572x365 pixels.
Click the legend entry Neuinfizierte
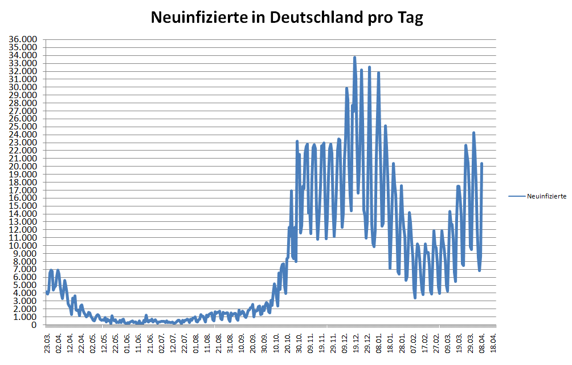click(546, 196)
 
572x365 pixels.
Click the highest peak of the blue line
click(354, 58)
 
